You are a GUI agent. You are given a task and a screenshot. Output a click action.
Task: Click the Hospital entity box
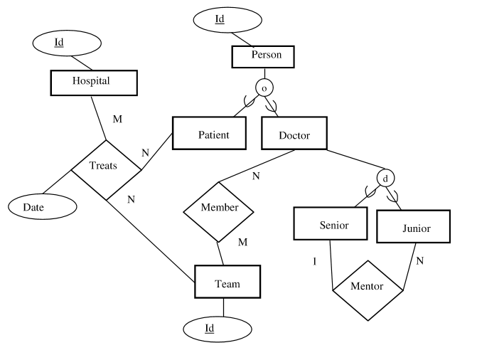click(x=91, y=82)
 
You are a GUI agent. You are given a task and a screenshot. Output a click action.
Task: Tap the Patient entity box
click(x=212, y=134)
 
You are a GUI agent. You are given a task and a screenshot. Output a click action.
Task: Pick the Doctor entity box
click(x=294, y=134)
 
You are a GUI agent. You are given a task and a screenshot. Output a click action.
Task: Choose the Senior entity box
click(x=333, y=225)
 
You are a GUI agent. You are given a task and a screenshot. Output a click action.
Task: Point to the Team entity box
click(x=227, y=283)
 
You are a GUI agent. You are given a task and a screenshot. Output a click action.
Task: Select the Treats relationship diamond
click(x=106, y=168)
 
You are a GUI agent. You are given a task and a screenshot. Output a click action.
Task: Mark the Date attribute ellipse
click(x=42, y=206)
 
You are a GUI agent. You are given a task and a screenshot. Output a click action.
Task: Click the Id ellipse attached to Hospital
click(x=60, y=42)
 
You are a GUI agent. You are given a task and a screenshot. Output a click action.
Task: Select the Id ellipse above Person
click(x=220, y=19)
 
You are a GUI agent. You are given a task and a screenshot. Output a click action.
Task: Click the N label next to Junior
click(x=419, y=261)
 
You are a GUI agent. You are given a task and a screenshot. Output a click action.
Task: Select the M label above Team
click(x=242, y=243)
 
